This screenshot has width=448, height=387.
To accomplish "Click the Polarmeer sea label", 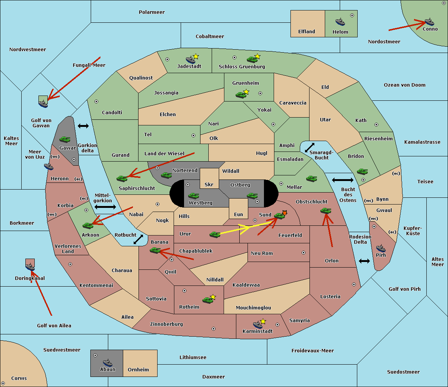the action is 152,12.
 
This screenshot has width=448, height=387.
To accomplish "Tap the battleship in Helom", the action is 340,22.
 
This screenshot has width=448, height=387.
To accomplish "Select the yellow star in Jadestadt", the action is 196,57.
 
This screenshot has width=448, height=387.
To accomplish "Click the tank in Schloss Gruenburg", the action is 252,59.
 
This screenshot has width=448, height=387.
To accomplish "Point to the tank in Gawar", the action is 65,139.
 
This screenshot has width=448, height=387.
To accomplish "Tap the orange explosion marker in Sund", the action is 284,213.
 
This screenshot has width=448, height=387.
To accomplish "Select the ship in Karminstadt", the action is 258,325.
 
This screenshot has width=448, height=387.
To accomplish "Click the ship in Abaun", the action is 108,362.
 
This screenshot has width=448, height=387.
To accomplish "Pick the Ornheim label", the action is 138,370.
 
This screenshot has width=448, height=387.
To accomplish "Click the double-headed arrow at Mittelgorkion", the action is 105,207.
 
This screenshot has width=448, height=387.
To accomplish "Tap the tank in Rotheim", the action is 208,300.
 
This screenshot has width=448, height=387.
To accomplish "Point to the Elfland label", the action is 307,32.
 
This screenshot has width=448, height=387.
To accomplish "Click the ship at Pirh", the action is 381,248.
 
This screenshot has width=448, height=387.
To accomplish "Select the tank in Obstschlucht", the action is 326,211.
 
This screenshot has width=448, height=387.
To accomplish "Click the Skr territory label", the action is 209,184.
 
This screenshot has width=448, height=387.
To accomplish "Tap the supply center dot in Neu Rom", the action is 304,253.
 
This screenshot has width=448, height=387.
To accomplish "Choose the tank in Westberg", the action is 193,196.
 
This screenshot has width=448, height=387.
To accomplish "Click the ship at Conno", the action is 429,22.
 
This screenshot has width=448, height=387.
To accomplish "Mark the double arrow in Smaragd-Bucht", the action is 309,147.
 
